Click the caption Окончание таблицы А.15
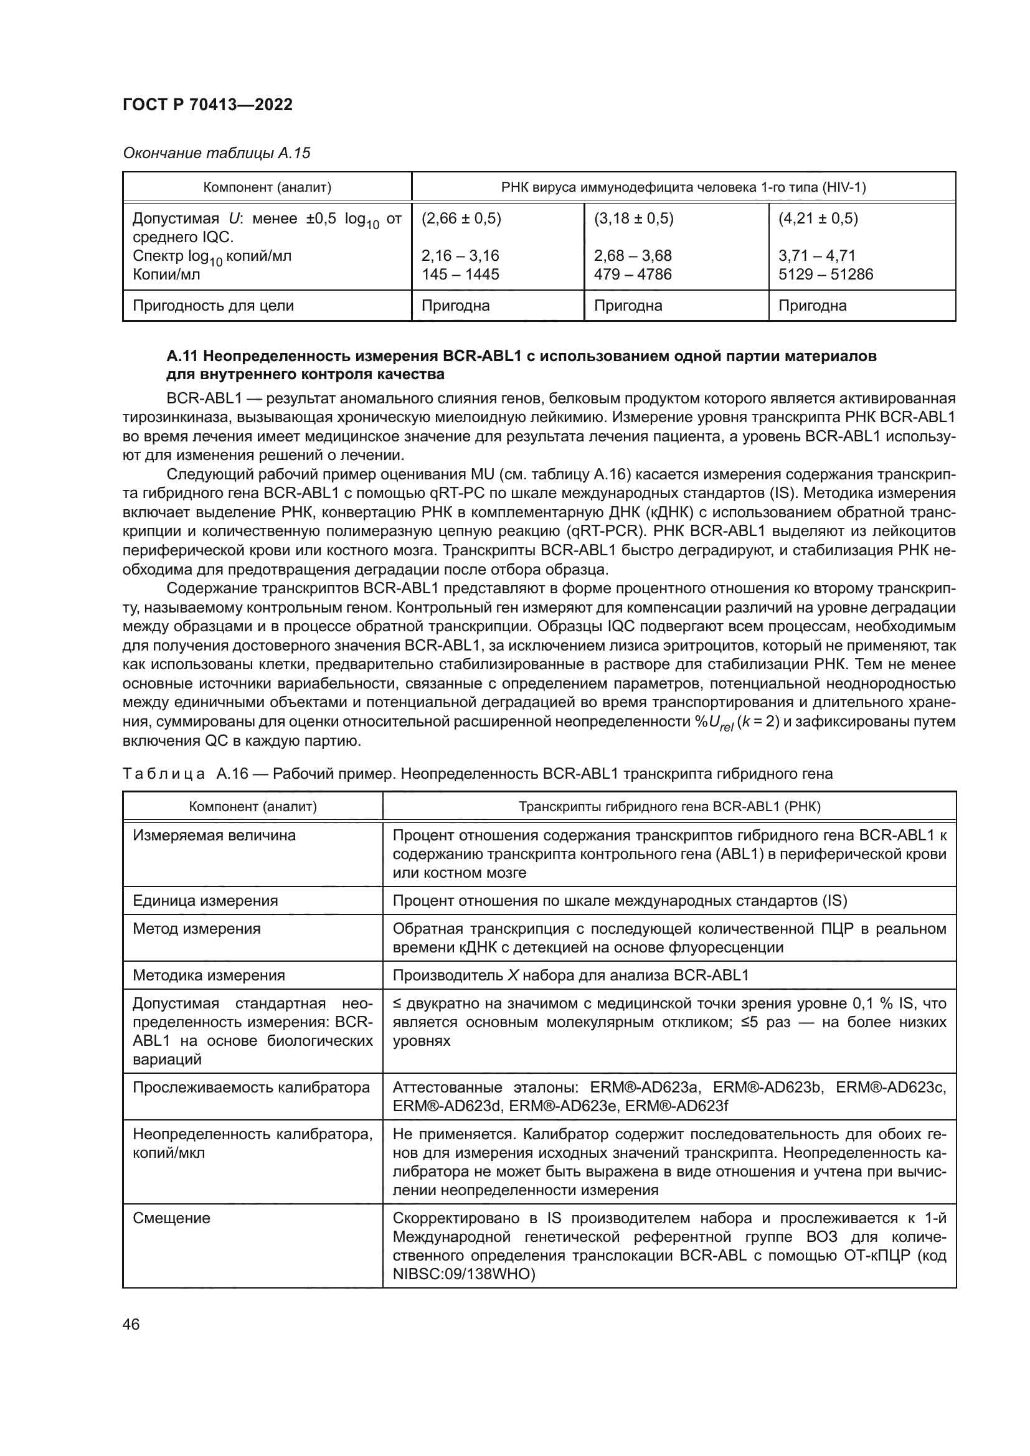pos(216,153)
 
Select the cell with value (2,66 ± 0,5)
pos(461,218)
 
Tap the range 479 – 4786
pos(632,274)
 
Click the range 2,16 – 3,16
pos(460,256)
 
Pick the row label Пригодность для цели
pos(213,306)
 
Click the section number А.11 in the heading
pos(182,357)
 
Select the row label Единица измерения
pos(205,901)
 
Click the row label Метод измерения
pos(197,929)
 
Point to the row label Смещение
pos(171,1218)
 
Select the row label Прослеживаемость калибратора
pos(251,1087)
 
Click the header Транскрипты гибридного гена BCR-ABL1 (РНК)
pos(669,807)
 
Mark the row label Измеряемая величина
pos(214,835)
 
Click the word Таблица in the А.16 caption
pos(164,774)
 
